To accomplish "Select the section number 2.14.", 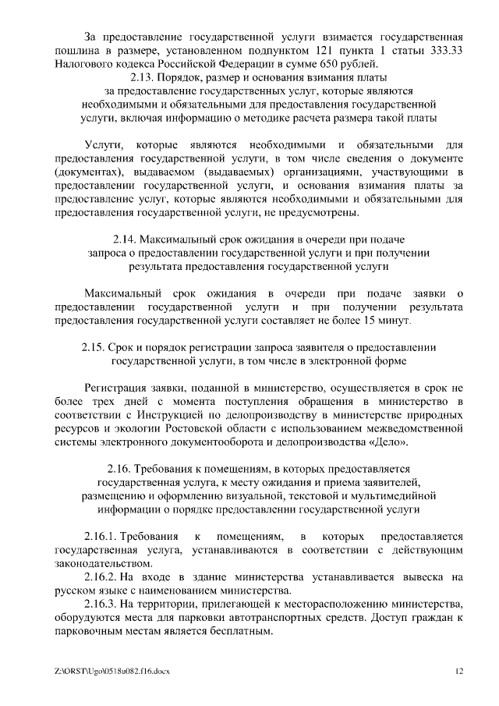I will [x=127, y=239].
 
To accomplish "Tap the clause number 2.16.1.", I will [x=99, y=537].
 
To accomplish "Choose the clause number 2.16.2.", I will [x=99, y=577].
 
